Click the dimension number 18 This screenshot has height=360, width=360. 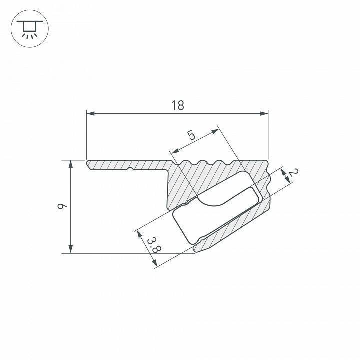(178, 105)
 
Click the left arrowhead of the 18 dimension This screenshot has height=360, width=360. (90, 114)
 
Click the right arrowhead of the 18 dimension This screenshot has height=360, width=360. (265, 114)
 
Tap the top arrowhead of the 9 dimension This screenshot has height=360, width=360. (71, 165)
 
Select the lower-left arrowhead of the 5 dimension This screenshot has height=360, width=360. (174, 152)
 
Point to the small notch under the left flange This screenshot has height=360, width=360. (131, 169)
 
